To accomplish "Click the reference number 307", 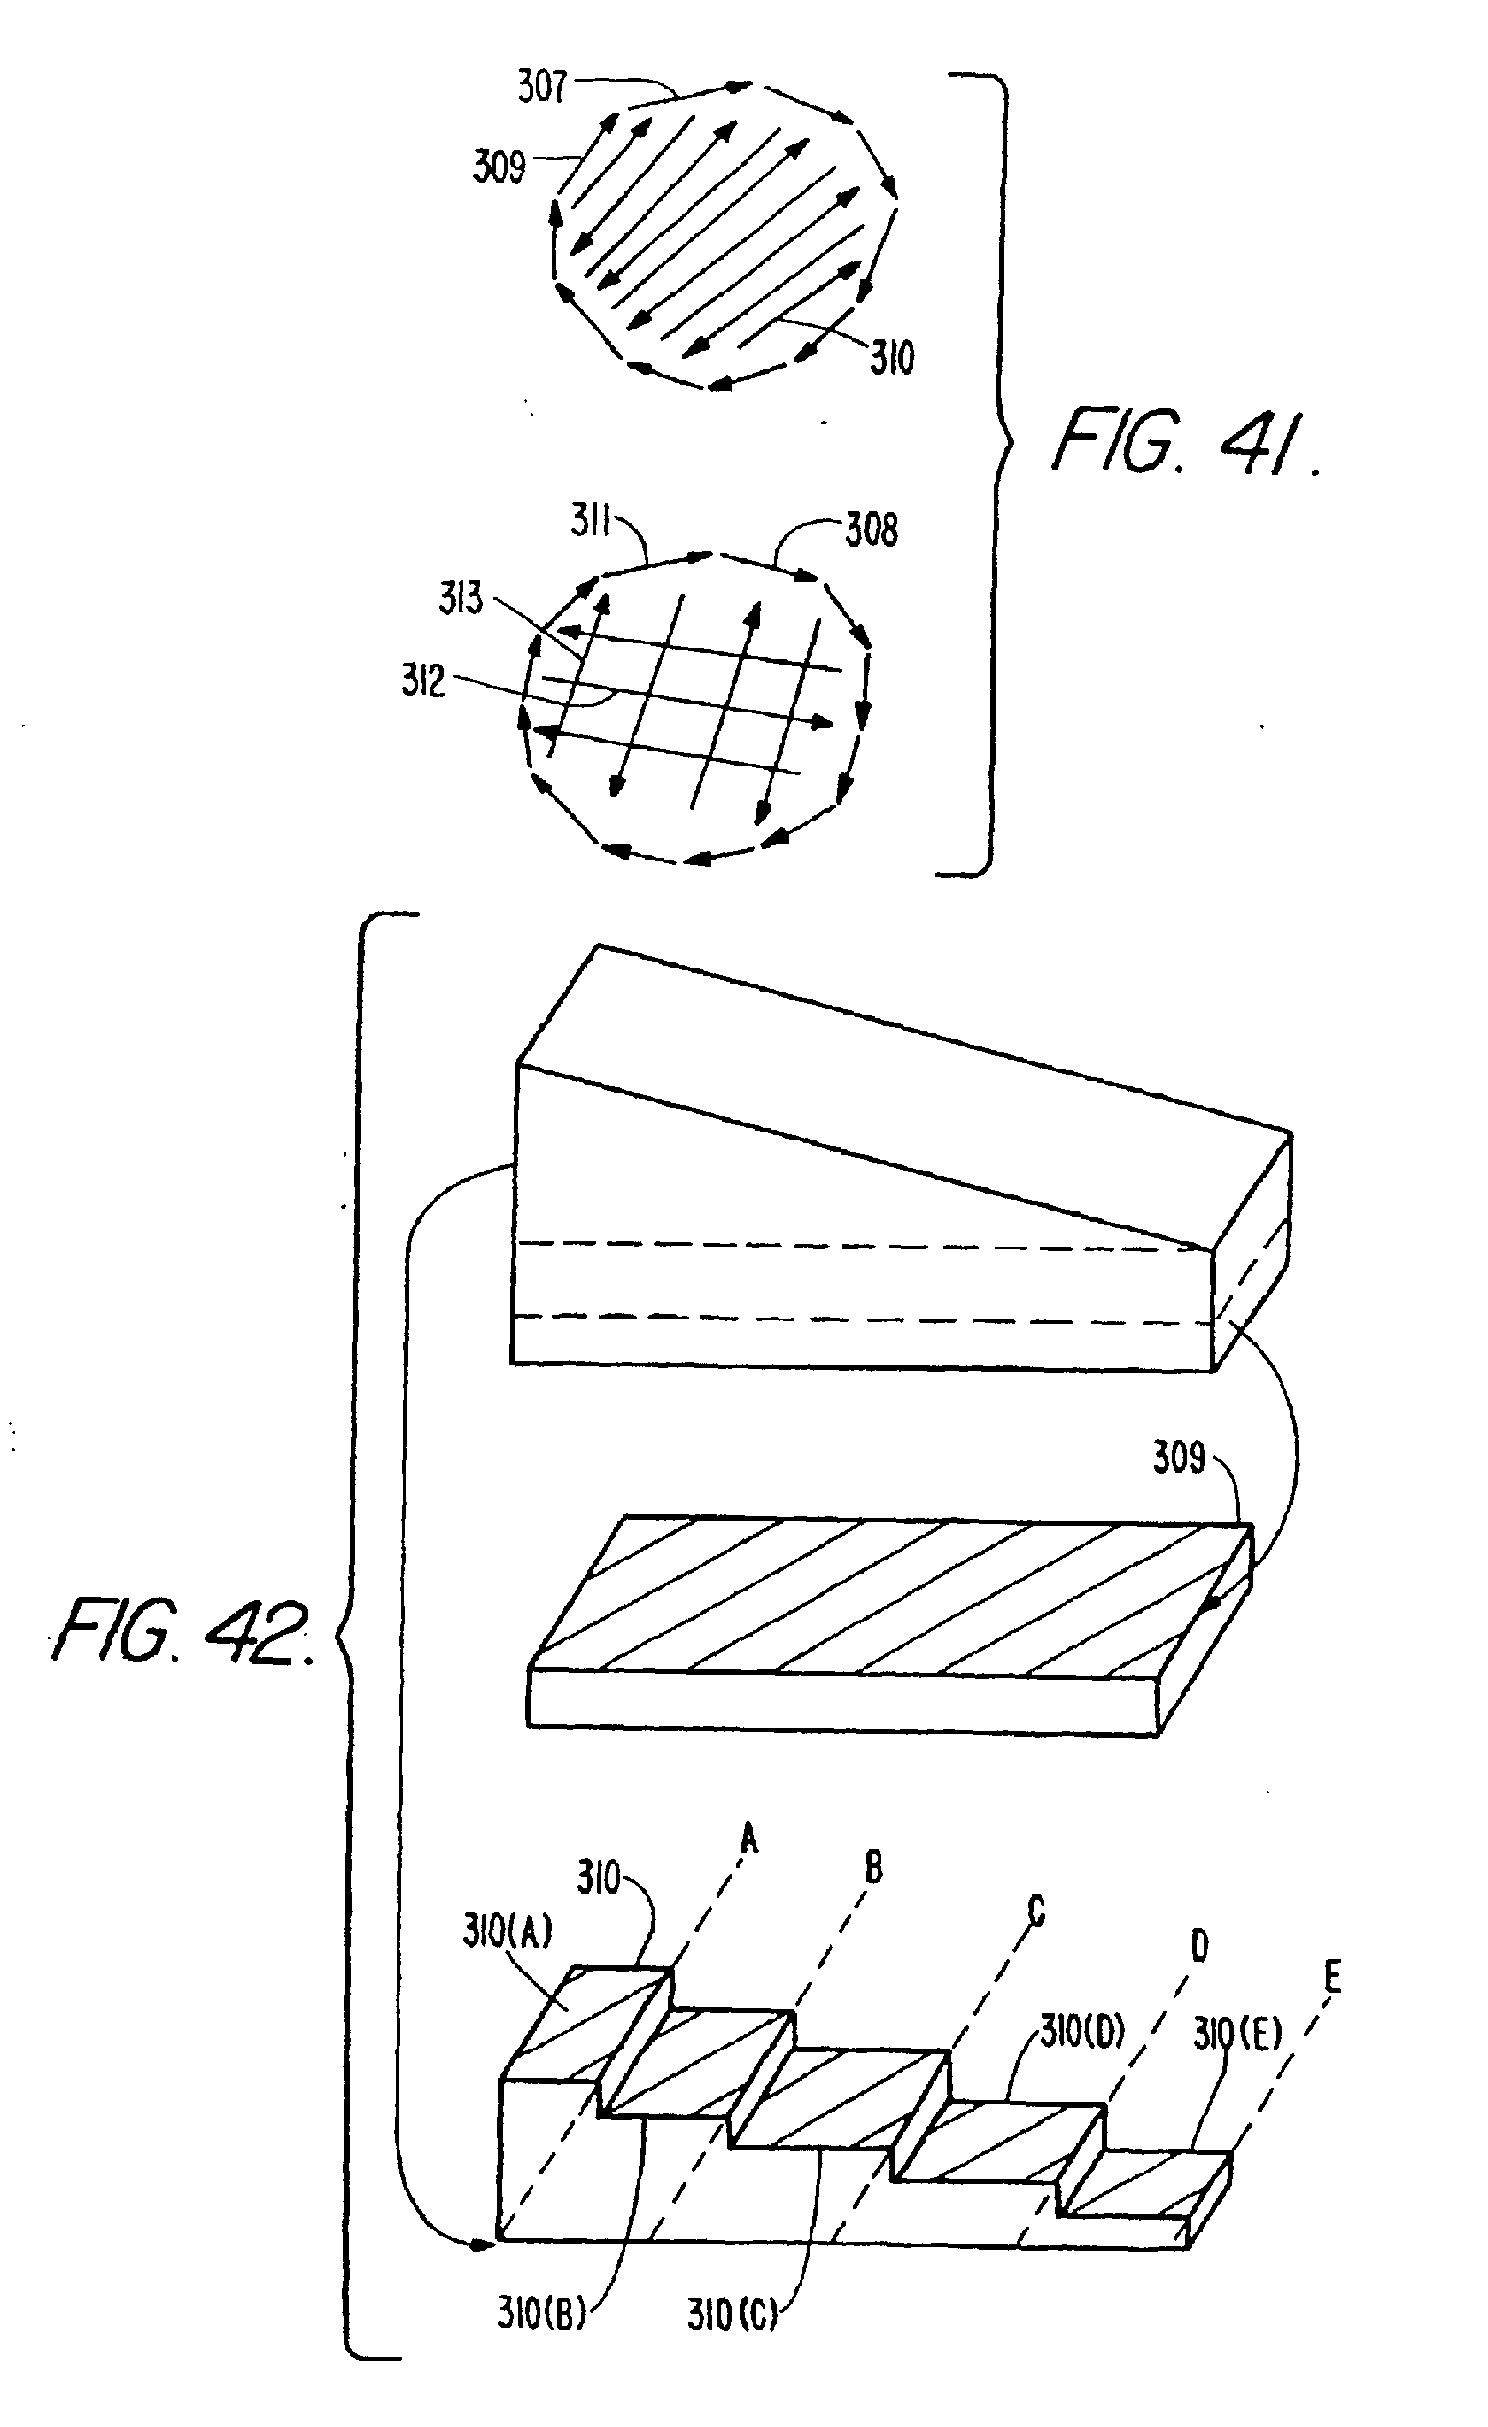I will (x=542, y=88).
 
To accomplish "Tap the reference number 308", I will (x=872, y=531).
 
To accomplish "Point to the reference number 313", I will (x=461, y=598).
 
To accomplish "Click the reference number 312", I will (x=423, y=681).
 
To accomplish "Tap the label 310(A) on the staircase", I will (x=508, y=1959).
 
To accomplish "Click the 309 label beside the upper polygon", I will (x=500, y=167).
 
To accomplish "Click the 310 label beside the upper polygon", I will (x=891, y=358).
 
